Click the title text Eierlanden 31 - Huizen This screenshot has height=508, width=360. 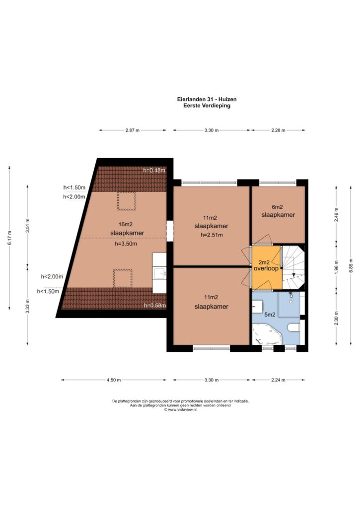207,99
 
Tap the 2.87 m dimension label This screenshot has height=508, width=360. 132,130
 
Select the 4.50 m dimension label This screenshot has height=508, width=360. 114,380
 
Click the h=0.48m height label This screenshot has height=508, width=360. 154,171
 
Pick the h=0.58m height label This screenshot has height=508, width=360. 155,305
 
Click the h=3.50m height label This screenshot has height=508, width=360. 126,244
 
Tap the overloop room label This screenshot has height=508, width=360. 266,268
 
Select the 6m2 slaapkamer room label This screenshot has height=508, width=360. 278,211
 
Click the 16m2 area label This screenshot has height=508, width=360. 126,224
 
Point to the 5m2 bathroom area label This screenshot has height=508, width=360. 270,314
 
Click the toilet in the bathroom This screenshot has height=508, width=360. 295,328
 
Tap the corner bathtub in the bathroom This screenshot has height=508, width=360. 267,334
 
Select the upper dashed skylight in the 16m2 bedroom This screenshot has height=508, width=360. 127,201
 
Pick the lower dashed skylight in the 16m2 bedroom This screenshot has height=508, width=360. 123,278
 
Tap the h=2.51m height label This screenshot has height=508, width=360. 212,235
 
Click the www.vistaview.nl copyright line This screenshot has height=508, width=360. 181,409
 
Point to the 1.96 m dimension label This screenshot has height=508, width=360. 336,266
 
